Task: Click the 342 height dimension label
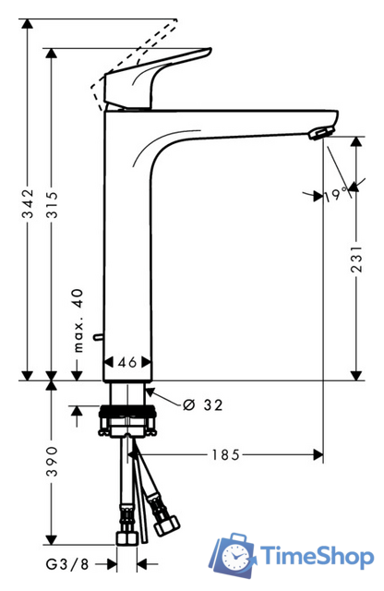[28, 203]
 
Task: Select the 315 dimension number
[52, 205]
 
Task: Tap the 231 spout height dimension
[356, 259]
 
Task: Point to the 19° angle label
[336, 195]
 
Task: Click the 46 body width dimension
[127, 362]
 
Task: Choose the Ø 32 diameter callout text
[203, 404]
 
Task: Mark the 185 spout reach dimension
[225, 454]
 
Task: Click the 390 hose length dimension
[52, 462]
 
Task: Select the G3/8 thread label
[67, 564]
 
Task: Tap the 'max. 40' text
[78, 320]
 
